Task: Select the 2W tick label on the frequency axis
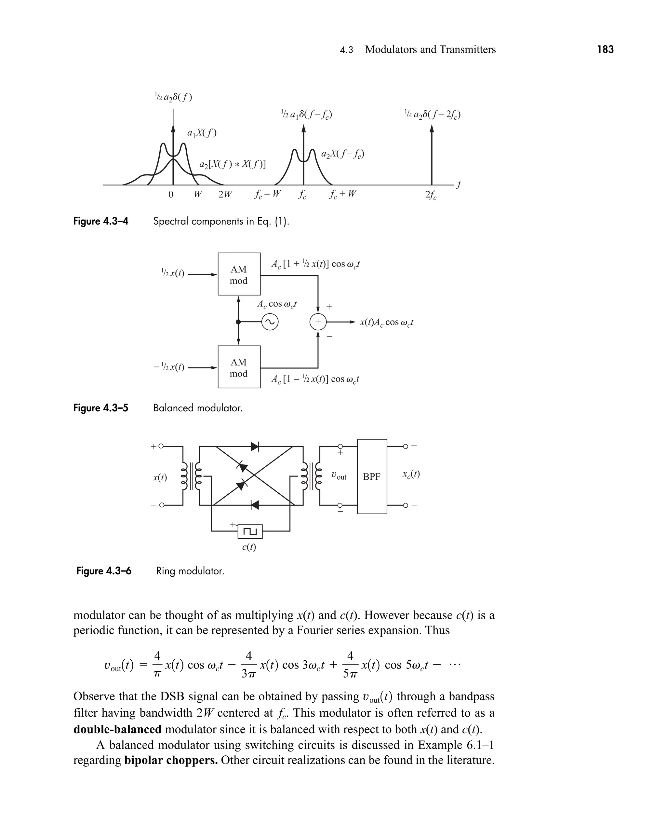(x=225, y=194)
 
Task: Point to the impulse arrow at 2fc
(x=432, y=154)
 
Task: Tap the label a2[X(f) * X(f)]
(x=233, y=164)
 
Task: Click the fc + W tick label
(x=342, y=194)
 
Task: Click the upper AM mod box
(x=239, y=274)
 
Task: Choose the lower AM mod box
(x=239, y=367)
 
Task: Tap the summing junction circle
(x=318, y=322)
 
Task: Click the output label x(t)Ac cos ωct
(x=386, y=322)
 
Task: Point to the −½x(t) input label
(x=169, y=367)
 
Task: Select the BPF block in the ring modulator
(x=372, y=476)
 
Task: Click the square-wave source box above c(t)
(x=250, y=531)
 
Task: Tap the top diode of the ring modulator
(x=255, y=447)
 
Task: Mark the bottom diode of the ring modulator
(x=254, y=505)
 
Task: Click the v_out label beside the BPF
(x=339, y=476)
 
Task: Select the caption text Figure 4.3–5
(x=100, y=408)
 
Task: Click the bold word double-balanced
(x=117, y=729)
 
